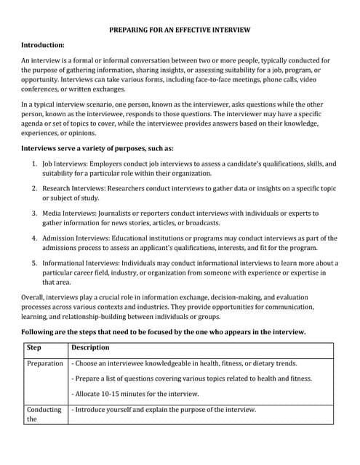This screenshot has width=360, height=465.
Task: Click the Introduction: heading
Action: pyautogui.click(x=47, y=45)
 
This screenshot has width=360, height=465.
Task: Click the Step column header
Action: pyautogui.click(x=34, y=347)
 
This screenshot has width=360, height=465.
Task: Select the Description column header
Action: pyautogui.click(x=90, y=347)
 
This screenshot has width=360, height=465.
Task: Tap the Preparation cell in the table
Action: pyautogui.click(x=45, y=363)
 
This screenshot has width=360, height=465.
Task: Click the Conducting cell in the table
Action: pyautogui.click(x=44, y=410)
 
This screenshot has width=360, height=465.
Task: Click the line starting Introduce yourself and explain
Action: pyautogui.click(x=164, y=410)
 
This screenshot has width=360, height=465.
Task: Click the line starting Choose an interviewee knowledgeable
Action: pyautogui.click(x=184, y=363)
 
